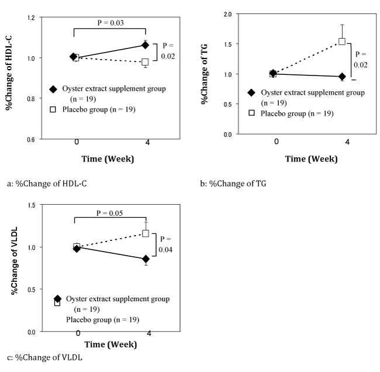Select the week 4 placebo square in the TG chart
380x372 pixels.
point(342,42)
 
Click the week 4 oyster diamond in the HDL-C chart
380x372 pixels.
point(145,45)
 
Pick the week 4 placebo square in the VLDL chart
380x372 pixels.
point(146,233)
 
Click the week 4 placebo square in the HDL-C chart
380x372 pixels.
point(145,62)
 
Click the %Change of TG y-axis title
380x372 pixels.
point(205,77)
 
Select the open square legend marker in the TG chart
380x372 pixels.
point(252,113)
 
